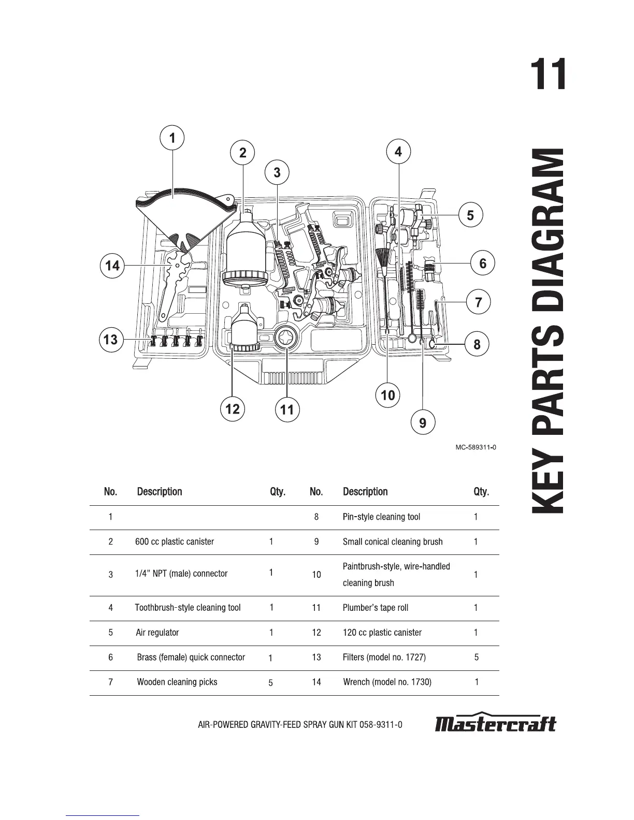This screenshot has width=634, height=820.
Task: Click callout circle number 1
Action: (x=172, y=138)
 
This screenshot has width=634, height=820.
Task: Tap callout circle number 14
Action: (x=112, y=266)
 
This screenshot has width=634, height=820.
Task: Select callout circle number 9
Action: (x=423, y=423)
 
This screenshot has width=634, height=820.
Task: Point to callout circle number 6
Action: (x=483, y=263)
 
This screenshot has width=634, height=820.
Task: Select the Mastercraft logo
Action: (x=495, y=723)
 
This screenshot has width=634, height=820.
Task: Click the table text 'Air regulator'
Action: (x=157, y=633)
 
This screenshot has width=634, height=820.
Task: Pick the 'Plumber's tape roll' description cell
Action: (x=376, y=608)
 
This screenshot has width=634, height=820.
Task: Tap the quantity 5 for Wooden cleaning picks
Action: (x=271, y=683)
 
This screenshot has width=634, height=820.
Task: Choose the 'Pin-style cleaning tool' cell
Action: (x=381, y=517)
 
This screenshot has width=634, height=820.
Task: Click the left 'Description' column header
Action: (x=160, y=492)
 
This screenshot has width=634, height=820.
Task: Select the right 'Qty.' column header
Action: (x=481, y=492)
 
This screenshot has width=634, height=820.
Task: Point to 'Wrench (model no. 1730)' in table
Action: (x=387, y=682)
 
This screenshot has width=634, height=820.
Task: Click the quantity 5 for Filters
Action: (x=477, y=657)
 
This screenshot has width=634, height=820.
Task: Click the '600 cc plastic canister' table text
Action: (x=175, y=542)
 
